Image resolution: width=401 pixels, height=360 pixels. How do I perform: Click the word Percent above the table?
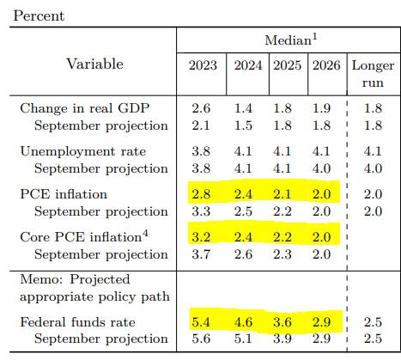click(39, 15)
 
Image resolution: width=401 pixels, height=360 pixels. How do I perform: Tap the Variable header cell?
click(94, 64)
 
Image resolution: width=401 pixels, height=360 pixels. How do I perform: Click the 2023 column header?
click(203, 65)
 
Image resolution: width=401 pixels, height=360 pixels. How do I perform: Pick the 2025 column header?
click(287, 65)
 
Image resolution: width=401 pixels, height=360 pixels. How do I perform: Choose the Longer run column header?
click(373, 74)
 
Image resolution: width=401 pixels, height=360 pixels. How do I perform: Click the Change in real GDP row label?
click(85, 108)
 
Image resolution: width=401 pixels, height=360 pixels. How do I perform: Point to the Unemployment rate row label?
click(83, 151)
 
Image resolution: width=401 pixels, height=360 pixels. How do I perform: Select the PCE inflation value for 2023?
click(201, 194)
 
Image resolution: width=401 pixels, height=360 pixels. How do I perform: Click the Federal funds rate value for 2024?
click(243, 322)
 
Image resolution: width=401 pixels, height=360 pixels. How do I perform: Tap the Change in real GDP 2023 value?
click(201, 108)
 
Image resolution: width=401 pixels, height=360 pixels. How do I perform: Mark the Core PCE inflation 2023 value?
click(201, 237)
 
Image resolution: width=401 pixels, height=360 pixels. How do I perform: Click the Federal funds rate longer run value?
click(373, 322)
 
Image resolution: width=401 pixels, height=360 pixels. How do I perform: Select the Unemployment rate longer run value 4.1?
click(373, 151)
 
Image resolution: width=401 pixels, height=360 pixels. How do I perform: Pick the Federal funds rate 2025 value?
click(283, 322)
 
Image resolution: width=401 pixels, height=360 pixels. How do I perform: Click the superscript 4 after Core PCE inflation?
click(145, 234)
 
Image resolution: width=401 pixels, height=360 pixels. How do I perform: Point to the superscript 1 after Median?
click(314, 37)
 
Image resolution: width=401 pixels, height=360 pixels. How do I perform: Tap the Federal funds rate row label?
click(77, 322)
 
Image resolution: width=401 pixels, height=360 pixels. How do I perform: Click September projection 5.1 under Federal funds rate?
click(243, 339)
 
